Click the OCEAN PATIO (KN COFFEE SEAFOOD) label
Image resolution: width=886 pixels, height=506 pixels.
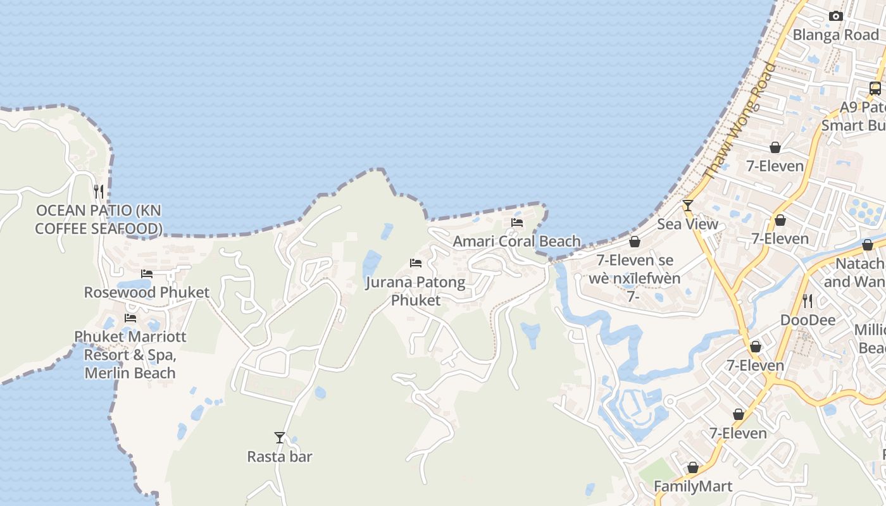click(x=99, y=219)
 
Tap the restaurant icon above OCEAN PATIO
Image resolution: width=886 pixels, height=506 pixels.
click(x=99, y=190)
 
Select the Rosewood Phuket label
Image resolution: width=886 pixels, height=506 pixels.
click(x=147, y=292)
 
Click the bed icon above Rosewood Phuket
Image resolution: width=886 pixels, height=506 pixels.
click(x=147, y=274)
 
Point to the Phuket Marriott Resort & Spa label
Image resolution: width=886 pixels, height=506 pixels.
click(x=130, y=354)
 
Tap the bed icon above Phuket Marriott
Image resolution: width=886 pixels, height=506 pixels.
click(x=130, y=318)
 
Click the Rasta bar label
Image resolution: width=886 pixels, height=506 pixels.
click(x=280, y=456)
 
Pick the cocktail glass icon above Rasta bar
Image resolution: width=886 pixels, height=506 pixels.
click(x=280, y=437)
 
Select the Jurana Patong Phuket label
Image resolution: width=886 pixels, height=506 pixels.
click(x=416, y=291)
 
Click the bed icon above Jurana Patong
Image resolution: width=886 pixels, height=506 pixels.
click(x=416, y=263)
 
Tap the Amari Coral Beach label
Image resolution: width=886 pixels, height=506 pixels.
click(x=516, y=241)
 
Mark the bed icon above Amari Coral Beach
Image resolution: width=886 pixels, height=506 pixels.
click(x=517, y=223)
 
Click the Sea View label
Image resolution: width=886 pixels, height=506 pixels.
click(x=687, y=224)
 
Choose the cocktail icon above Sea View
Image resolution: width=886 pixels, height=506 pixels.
click(x=688, y=206)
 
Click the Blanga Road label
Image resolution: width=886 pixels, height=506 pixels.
click(x=835, y=35)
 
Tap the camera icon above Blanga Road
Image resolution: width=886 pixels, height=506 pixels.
click(x=836, y=16)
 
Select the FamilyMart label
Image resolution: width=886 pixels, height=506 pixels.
click(x=693, y=486)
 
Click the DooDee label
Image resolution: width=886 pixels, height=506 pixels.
click(x=808, y=319)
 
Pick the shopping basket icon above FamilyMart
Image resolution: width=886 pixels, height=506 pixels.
click(x=693, y=468)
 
